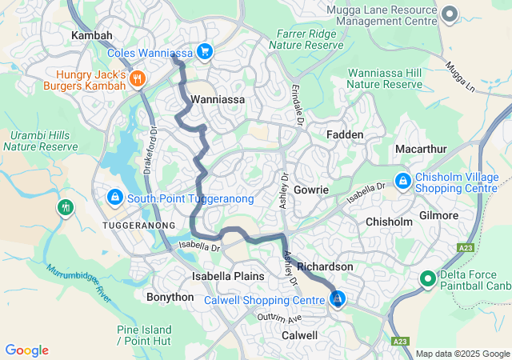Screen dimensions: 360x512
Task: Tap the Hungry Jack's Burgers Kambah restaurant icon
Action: pos(138,78)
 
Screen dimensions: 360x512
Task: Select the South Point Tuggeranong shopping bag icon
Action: pos(115,197)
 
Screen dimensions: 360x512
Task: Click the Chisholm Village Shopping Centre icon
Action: pos(402,181)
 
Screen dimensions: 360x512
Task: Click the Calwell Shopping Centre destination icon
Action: pos(338,299)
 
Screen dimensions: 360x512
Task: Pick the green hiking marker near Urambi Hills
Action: pos(65,208)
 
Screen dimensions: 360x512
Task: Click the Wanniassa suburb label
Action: pos(217,100)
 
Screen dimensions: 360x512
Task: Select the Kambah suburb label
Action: pos(92,36)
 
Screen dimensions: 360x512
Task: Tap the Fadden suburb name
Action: pos(345,135)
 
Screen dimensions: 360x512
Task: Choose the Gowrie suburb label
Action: pos(311,190)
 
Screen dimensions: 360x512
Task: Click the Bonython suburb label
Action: pos(170,297)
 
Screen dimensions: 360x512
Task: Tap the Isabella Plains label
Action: pos(228,276)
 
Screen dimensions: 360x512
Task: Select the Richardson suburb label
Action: pos(325,266)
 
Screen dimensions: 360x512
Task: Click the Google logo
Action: pos(26,350)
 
